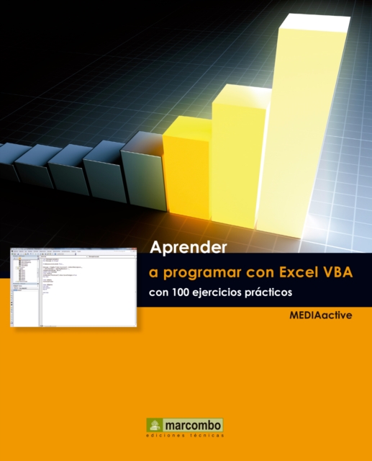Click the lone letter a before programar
pyautogui.click(x=153, y=274)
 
